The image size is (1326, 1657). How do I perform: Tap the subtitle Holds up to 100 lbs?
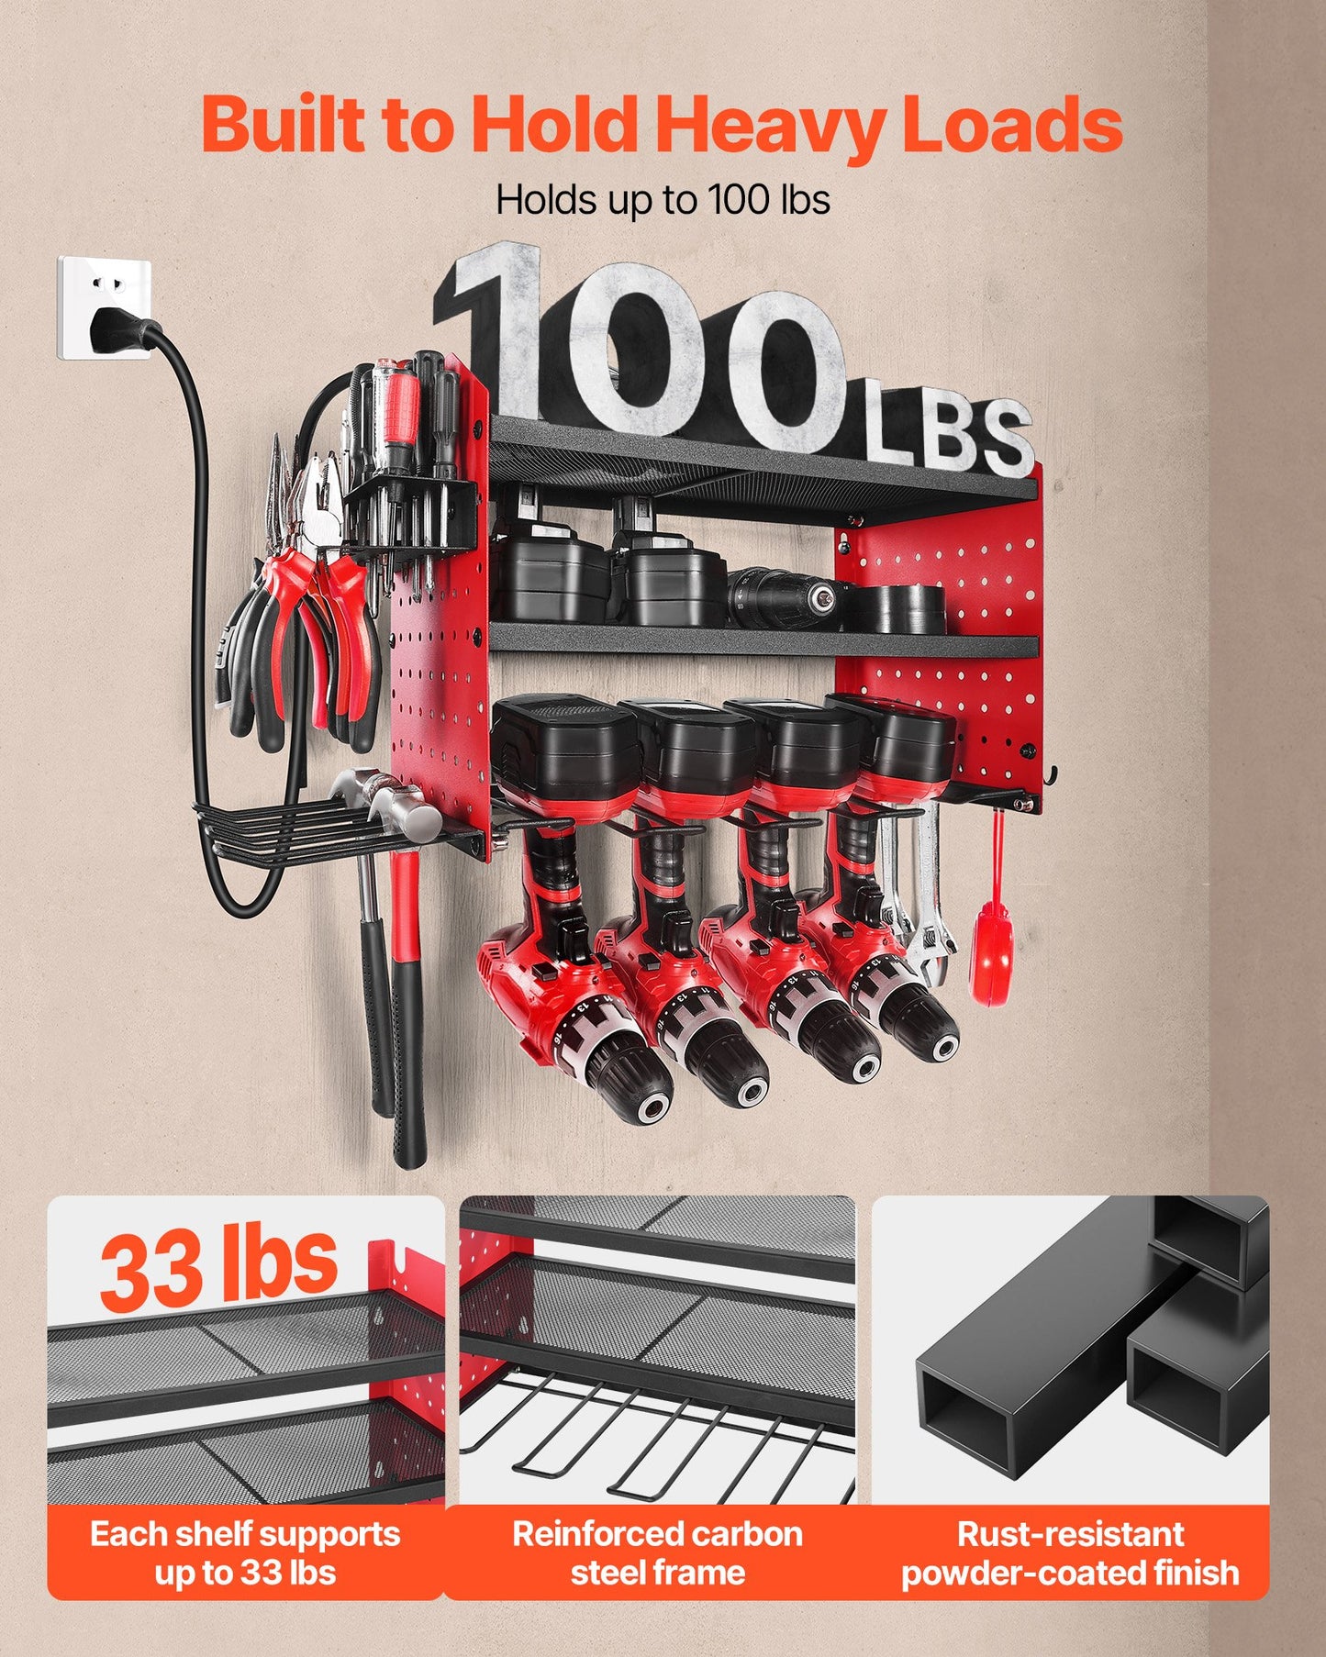point(663,200)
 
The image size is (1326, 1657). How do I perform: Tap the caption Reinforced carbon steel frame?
point(657,1552)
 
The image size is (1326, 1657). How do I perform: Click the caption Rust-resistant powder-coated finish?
point(1070,1552)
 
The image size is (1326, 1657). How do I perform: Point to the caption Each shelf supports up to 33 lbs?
point(245,1552)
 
